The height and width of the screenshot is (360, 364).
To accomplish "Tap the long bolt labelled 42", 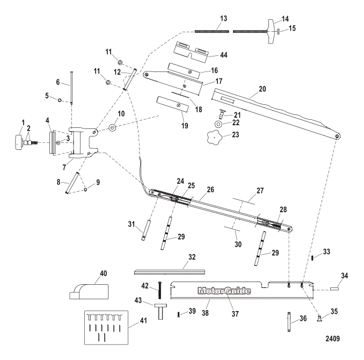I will click(159, 291).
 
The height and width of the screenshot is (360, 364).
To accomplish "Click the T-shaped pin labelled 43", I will click(159, 310).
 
